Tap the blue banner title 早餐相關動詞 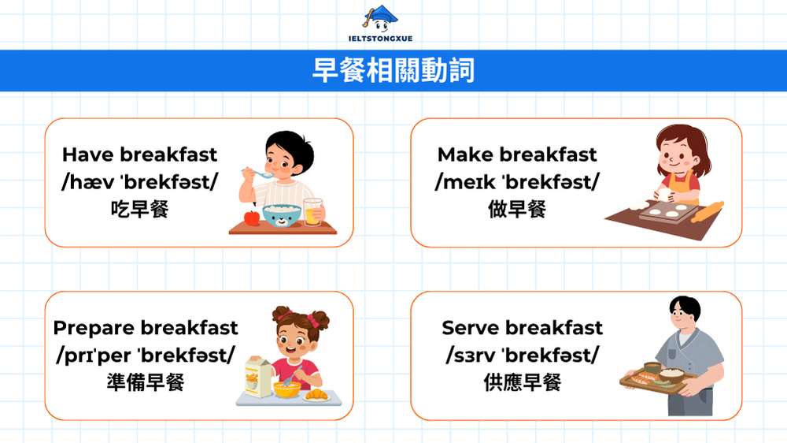(393, 71)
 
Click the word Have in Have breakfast (88, 154)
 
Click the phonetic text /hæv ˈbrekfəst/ (139, 182)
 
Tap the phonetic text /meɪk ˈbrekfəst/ (517, 182)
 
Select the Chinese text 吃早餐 (139, 210)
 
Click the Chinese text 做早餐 (517, 210)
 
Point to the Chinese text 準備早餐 (145, 383)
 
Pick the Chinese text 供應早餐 (522, 383)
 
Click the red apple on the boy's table (252, 218)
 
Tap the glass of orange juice (313, 211)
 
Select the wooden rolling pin (707, 211)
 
